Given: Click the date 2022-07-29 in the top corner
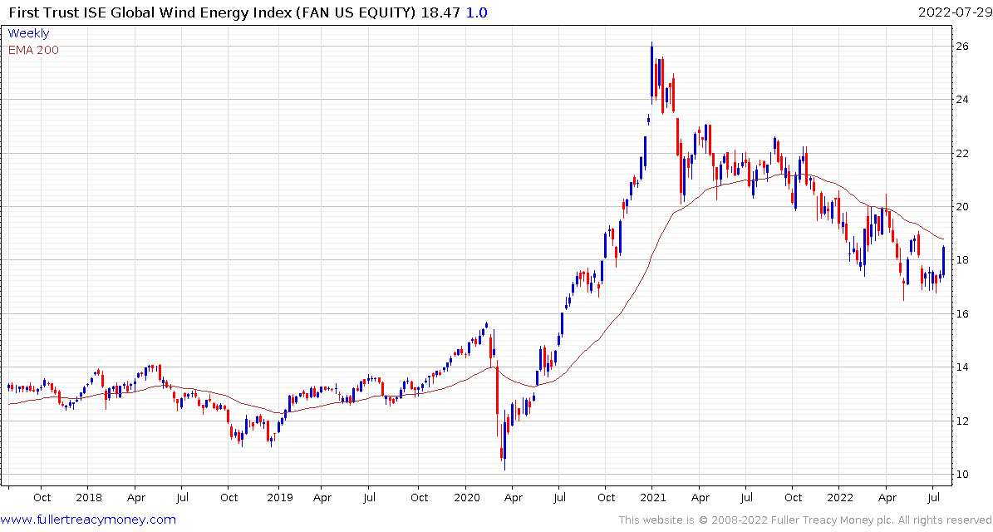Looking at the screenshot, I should (952, 12).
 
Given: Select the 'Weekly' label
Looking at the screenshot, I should (28, 33).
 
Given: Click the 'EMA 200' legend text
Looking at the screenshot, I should (33, 50).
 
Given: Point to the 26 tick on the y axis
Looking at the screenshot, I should (961, 47).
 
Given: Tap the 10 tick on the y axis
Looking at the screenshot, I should (961, 475).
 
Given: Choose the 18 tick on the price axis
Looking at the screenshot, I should (961, 260).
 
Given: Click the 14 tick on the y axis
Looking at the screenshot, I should (961, 367).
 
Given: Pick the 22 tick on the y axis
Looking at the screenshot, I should (961, 154).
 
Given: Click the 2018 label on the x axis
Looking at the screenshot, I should (89, 498).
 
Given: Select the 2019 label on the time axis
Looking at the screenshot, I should (279, 498).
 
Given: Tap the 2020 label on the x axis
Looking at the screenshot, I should (465, 498).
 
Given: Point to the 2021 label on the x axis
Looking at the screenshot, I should (652, 498).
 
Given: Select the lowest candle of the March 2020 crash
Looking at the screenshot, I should (504, 455).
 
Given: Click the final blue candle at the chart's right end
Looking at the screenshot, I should (943, 260).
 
